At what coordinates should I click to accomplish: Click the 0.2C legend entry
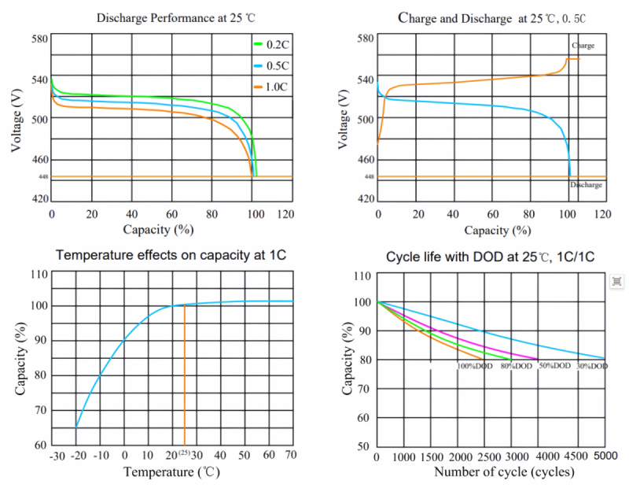pos(273,45)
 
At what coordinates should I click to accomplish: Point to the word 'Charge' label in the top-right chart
pos(583,46)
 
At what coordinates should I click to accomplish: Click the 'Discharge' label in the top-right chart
pos(586,185)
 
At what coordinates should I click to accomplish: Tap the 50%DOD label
pos(554,366)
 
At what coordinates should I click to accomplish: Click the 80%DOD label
pos(517,366)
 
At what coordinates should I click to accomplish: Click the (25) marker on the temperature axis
pos(185,454)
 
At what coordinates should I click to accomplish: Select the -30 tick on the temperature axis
pos(57,455)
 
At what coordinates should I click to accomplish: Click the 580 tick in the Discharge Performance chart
pos(39,39)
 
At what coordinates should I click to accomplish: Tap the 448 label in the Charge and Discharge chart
pos(369,177)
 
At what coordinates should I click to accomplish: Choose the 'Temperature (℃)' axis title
pos(172,472)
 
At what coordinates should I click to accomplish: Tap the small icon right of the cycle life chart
pos(617,281)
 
